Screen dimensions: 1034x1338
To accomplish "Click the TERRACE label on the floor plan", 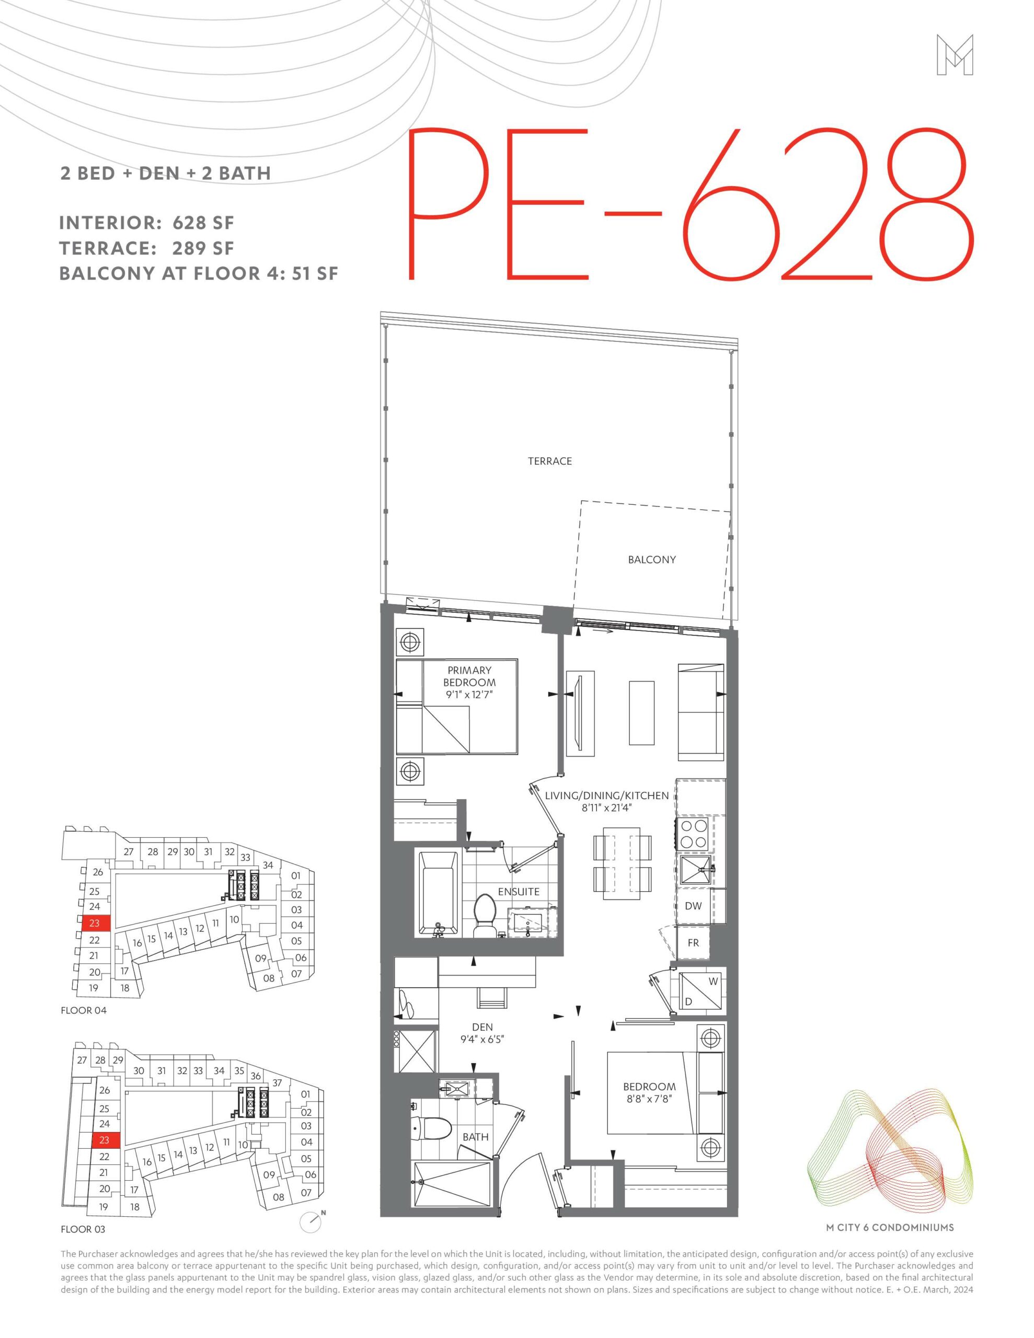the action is pyautogui.click(x=550, y=462).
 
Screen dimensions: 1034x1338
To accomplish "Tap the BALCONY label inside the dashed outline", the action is pyautogui.click(x=651, y=559).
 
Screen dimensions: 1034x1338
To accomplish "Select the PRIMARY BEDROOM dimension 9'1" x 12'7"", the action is pyautogui.click(x=469, y=694).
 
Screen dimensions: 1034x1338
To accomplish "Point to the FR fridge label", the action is pyautogui.click(x=693, y=943).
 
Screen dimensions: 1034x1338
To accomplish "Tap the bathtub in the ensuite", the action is pyautogui.click(x=438, y=893).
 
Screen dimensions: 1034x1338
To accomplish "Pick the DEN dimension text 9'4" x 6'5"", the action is pyautogui.click(x=482, y=1039).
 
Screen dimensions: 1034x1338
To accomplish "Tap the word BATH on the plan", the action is pyautogui.click(x=476, y=1137).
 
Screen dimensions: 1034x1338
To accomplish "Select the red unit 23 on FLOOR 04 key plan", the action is pyautogui.click(x=95, y=923).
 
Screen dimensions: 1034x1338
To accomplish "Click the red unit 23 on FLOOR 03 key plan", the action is pyautogui.click(x=105, y=1140).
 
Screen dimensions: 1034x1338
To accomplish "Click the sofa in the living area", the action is pyautogui.click(x=700, y=709).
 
